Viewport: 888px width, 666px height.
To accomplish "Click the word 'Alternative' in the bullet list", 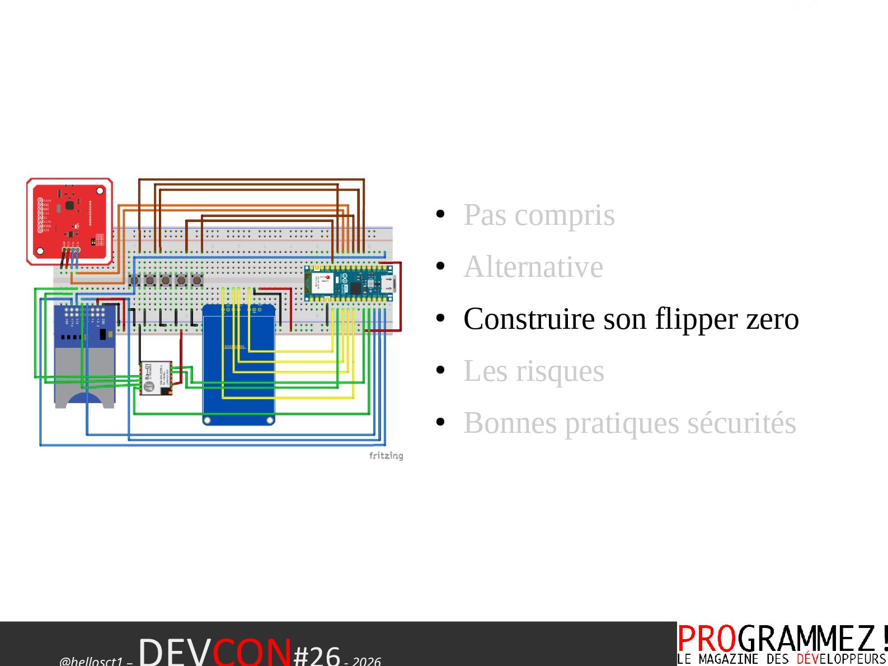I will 533,267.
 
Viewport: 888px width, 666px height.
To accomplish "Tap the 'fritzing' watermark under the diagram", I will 386,456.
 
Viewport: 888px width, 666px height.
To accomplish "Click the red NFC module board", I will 70,221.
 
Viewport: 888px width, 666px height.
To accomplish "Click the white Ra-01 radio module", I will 155,378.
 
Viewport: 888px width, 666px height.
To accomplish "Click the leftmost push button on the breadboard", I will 135,280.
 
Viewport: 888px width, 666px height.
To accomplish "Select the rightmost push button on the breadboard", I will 196,280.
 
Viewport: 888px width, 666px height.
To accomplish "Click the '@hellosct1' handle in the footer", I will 91,661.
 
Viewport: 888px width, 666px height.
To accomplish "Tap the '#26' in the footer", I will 317,655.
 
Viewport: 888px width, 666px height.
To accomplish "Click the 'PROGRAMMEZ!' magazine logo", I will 782,639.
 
